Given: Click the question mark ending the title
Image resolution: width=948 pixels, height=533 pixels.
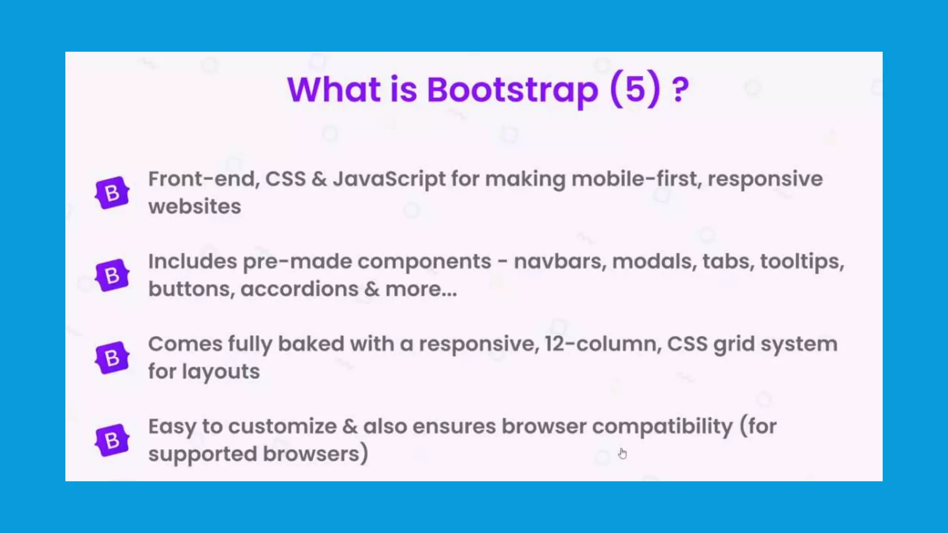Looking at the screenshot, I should pyautogui.click(x=680, y=90).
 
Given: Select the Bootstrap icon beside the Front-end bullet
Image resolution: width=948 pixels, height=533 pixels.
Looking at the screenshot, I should pyautogui.click(x=112, y=192).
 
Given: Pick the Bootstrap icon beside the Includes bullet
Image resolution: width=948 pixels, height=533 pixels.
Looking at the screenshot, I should pyautogui.click(x=112, y=275).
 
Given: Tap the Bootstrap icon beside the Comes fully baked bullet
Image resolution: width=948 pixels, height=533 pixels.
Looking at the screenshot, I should pyautogui.click(x=112, y=358).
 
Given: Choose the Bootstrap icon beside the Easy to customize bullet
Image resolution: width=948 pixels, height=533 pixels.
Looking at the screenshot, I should pyautogui.click(x=112, y=440).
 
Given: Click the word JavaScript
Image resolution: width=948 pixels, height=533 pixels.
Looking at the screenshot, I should pyautogui.click(x=389, y=180).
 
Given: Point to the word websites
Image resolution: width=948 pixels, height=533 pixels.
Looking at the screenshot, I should pyautogui.click(x=194, y=206).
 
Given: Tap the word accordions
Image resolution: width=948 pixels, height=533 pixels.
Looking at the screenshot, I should pyautogui.click(x=299, y=289).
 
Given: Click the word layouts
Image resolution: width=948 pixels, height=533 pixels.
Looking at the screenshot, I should pyautogui.click(x=221, y=372).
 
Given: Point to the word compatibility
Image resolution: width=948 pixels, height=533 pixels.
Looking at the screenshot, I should pyautogui.click(x=662, y=427).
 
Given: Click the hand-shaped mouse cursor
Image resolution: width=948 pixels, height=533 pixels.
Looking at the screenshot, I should pyautogui.click(x=623, y=453).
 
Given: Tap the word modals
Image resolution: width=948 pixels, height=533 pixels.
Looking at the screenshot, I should pyautogui.click(x=654, y=262).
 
